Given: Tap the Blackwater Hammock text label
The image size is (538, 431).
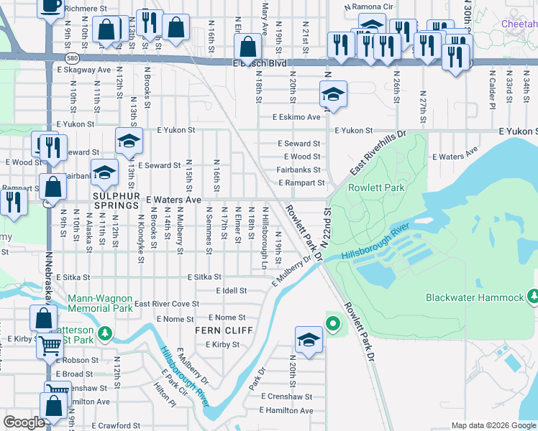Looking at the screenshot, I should click(x=474, y=297).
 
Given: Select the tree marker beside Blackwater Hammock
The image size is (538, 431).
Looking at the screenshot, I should click(x=533, y=296).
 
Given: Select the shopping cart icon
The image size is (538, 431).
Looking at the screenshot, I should click(x=50, y=346).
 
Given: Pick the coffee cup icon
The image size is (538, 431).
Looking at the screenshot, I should click(x=50, y=6).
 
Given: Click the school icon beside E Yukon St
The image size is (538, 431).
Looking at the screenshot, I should click(x=129, y=140).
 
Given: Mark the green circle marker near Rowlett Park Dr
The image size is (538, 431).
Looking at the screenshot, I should click(x=332, y=325).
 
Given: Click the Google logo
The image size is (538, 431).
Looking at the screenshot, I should click(x=24, y=422).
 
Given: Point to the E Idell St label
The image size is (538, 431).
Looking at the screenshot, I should click(x=232, y=292).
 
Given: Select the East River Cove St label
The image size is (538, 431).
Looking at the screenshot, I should click(x=167, y=305).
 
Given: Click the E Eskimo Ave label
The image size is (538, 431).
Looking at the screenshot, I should click(x=296, y=117).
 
